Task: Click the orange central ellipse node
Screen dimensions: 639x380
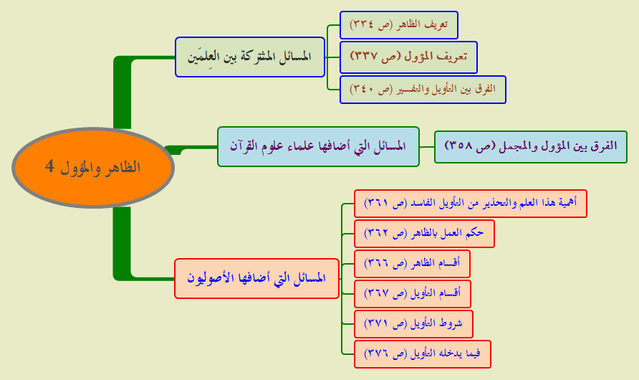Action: pos(93,168)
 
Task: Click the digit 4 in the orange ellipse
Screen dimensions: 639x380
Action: pos(49,166)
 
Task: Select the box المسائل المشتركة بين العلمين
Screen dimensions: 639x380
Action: pos(250,57)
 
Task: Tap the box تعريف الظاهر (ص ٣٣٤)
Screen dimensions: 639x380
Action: pos(398,25)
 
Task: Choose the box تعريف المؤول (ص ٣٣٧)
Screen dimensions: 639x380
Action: pos(408,57)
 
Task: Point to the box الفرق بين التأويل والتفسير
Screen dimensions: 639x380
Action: pos(423,90)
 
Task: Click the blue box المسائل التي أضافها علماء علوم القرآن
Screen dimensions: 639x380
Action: pos(318,146)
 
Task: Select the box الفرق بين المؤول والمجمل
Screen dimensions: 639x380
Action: pos(531,147)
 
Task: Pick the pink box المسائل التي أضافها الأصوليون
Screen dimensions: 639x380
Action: pos(256,278)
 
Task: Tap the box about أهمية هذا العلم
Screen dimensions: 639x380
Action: pos(470,204)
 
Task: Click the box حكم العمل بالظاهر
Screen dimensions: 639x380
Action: pos(424,234)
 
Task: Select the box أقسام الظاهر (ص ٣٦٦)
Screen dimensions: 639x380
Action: pos(412,264)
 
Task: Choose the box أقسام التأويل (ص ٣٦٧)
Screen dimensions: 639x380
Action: pos(413,294)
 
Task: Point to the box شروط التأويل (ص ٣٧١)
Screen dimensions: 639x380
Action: pos(413,324)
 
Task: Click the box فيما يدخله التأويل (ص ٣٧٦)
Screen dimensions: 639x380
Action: pos(422,354)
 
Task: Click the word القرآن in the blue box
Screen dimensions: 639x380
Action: pos(244,145)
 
